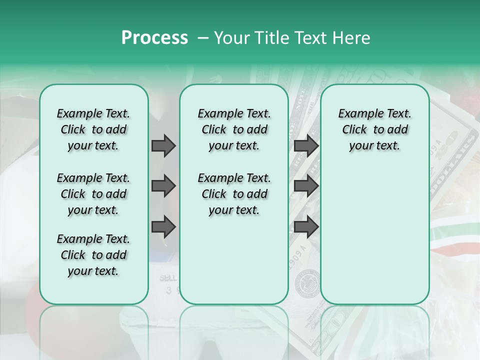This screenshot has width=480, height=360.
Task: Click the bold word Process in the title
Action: point(154,38)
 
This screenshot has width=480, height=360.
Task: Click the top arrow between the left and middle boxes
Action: point(163,145)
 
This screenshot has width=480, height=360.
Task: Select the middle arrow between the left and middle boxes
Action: point(163,186)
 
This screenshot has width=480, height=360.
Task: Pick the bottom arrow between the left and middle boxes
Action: point(163,227)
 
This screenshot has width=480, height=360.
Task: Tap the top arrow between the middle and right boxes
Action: point(306,145)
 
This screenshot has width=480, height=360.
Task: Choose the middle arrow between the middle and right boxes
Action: point(306,186)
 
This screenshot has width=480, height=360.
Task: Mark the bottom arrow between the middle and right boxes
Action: point(306,227)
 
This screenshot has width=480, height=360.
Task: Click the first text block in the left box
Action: point(93,129)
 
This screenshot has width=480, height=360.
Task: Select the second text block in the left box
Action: point(93,194)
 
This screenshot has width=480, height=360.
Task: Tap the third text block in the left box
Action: point(93,255)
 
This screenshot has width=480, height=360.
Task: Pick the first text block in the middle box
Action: point(234,129)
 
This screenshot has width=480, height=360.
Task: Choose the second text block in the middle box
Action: point(234,194)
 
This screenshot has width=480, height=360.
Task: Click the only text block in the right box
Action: point(374,129)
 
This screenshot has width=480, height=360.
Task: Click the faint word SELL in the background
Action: point(168,278)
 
